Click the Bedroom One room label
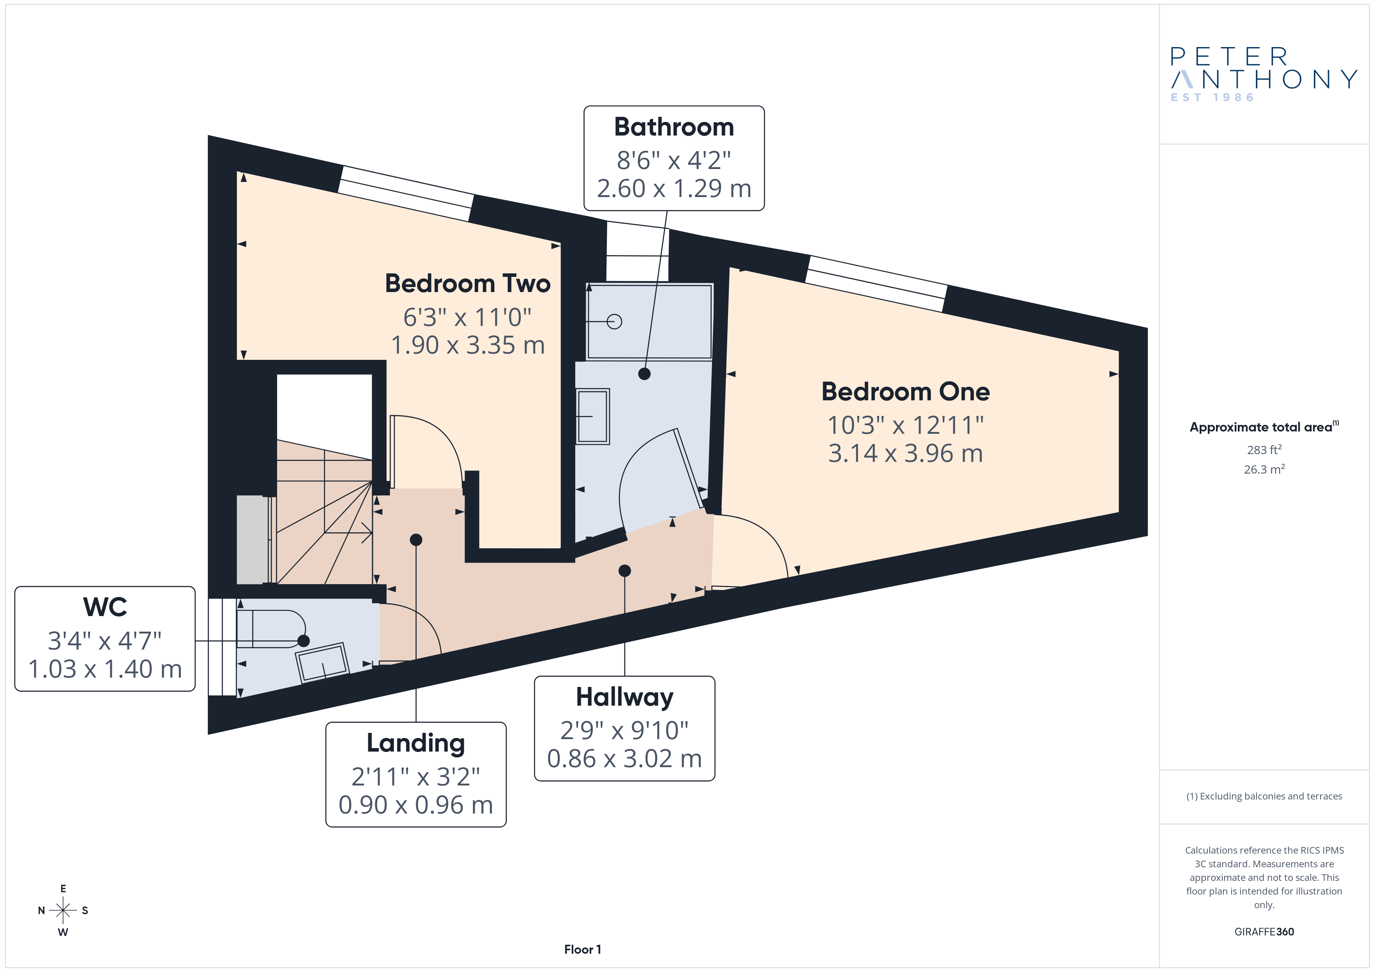coord(905,392)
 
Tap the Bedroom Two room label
coord(468,284)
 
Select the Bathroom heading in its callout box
coord(674,127)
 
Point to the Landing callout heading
coord(415,744)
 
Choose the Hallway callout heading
coord(625,698)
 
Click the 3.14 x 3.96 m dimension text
coord(905,454)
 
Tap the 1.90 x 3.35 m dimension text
coord(468,345)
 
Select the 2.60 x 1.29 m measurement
coord(674,188)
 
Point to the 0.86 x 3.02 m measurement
coord(625,759)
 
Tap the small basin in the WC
coord(322,662)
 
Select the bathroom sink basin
coord(592,417)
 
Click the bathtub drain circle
coord(615,321)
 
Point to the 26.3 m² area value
coord(1264,469)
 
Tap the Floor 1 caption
coord(582,949)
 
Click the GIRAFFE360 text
coord(1264,932)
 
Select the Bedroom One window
coord(876,284)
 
